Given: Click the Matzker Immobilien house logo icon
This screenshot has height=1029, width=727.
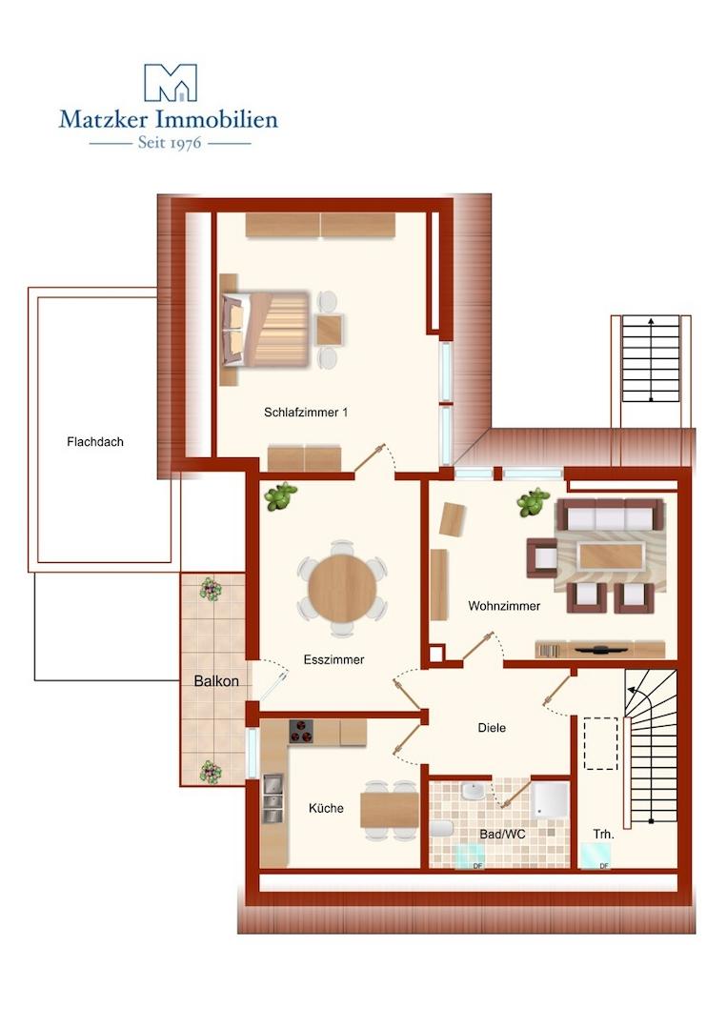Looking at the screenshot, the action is tap(170, 83).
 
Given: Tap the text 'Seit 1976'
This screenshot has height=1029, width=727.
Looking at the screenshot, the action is tap(170, 142).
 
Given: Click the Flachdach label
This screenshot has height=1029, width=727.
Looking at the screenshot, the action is tap(95, 442).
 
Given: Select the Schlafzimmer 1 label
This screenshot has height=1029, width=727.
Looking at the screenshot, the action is tap(306, 413).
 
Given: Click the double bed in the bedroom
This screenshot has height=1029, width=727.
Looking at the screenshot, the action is tap(266, 329).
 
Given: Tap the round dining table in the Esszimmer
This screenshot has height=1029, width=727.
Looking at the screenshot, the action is tap(342, 587).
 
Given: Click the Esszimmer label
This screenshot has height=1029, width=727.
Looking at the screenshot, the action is tap(334, 659).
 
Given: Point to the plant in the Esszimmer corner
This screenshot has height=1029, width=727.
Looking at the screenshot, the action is tap(280, 496).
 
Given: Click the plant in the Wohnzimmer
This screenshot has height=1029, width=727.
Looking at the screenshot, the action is tap(533, 502).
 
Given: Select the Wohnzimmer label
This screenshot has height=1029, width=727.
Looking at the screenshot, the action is tap(504, 606).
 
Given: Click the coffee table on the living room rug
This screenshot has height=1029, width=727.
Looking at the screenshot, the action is tap(610, 556).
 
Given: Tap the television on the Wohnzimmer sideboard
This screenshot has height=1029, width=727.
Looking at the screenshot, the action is tap(601, 650).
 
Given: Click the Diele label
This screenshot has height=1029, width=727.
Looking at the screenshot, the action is tap(492, 727).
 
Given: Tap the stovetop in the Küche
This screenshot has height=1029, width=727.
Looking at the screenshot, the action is tap(301, 731).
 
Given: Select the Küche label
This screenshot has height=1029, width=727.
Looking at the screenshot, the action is tap(326, 808).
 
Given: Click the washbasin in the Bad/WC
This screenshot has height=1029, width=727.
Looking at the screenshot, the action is tap(474, 791).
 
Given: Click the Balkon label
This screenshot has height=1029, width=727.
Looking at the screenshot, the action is tap(216, 681).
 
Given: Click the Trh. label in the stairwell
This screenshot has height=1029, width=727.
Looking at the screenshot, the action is tap(604, 834).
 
